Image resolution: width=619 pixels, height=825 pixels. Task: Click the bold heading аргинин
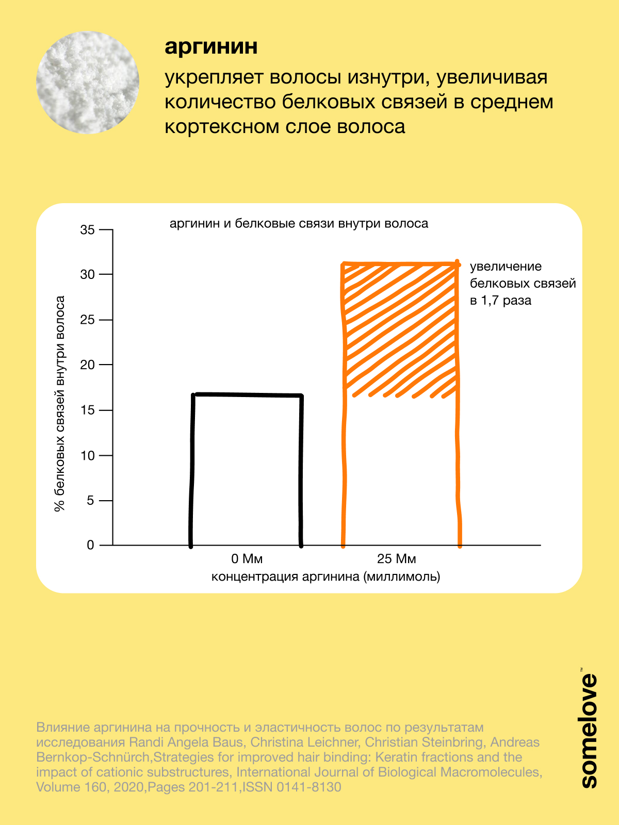[x=211, y=47]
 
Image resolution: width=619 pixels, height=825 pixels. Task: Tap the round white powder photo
[x=88, y=82]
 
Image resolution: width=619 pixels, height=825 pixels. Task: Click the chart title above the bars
[x=299, y=224]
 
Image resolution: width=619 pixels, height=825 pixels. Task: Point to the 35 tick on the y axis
[x=88, y=229]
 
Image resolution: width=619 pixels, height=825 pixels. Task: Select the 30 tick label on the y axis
[x=88, y=274]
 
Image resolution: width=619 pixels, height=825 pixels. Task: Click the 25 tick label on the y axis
[x=88, y=320]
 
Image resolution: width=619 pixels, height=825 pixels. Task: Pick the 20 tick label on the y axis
[x=88, y=365]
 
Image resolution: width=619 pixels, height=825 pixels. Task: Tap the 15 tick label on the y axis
[x=88, y=410]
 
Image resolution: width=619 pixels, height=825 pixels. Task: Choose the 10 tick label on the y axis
[x=88, y=455]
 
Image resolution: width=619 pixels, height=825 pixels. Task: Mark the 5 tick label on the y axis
[x=91, y=501]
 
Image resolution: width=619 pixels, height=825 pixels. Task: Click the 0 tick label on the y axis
[x=91, y=546]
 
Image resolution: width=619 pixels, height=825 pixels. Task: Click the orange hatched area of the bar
[x=400, y=330]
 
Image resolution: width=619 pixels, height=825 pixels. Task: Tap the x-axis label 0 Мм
[x=247, y=559]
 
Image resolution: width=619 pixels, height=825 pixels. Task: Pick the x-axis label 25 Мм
[x=396, y=559]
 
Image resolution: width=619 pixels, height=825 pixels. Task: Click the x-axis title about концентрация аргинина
[x=325, y=576]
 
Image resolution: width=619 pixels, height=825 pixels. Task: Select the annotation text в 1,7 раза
[x=500, y=301]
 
